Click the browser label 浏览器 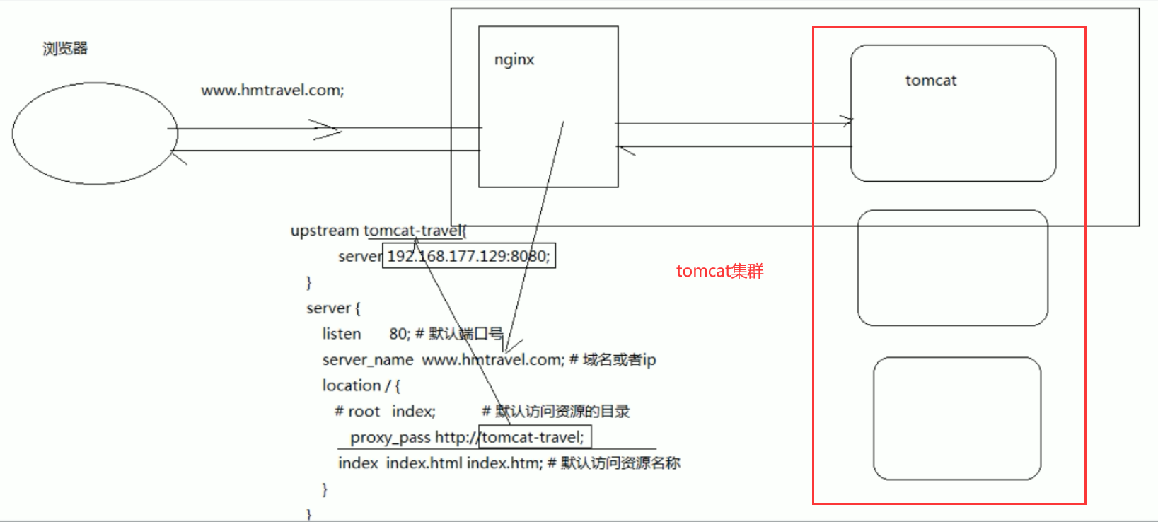click(65, 49)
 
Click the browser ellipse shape click(95, 134)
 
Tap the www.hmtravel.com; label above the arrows click(272, 91)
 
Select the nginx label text click(514, 59)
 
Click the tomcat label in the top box click(930, 81)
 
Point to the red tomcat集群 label click(719, 271)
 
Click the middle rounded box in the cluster click(952, 267)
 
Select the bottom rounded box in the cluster click(956, 419)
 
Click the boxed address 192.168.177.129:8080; click(468, 256)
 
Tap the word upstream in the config click(325, 231)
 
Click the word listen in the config click(342, 334)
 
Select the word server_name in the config click(368, 360)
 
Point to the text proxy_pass click(390, 438)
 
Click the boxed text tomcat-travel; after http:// click(534, 438)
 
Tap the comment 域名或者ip click(619, 360)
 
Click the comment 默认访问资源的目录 click(562, 412)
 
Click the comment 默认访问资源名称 click(620, 463)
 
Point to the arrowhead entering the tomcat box click(847, 121)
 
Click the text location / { click(361, 385)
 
